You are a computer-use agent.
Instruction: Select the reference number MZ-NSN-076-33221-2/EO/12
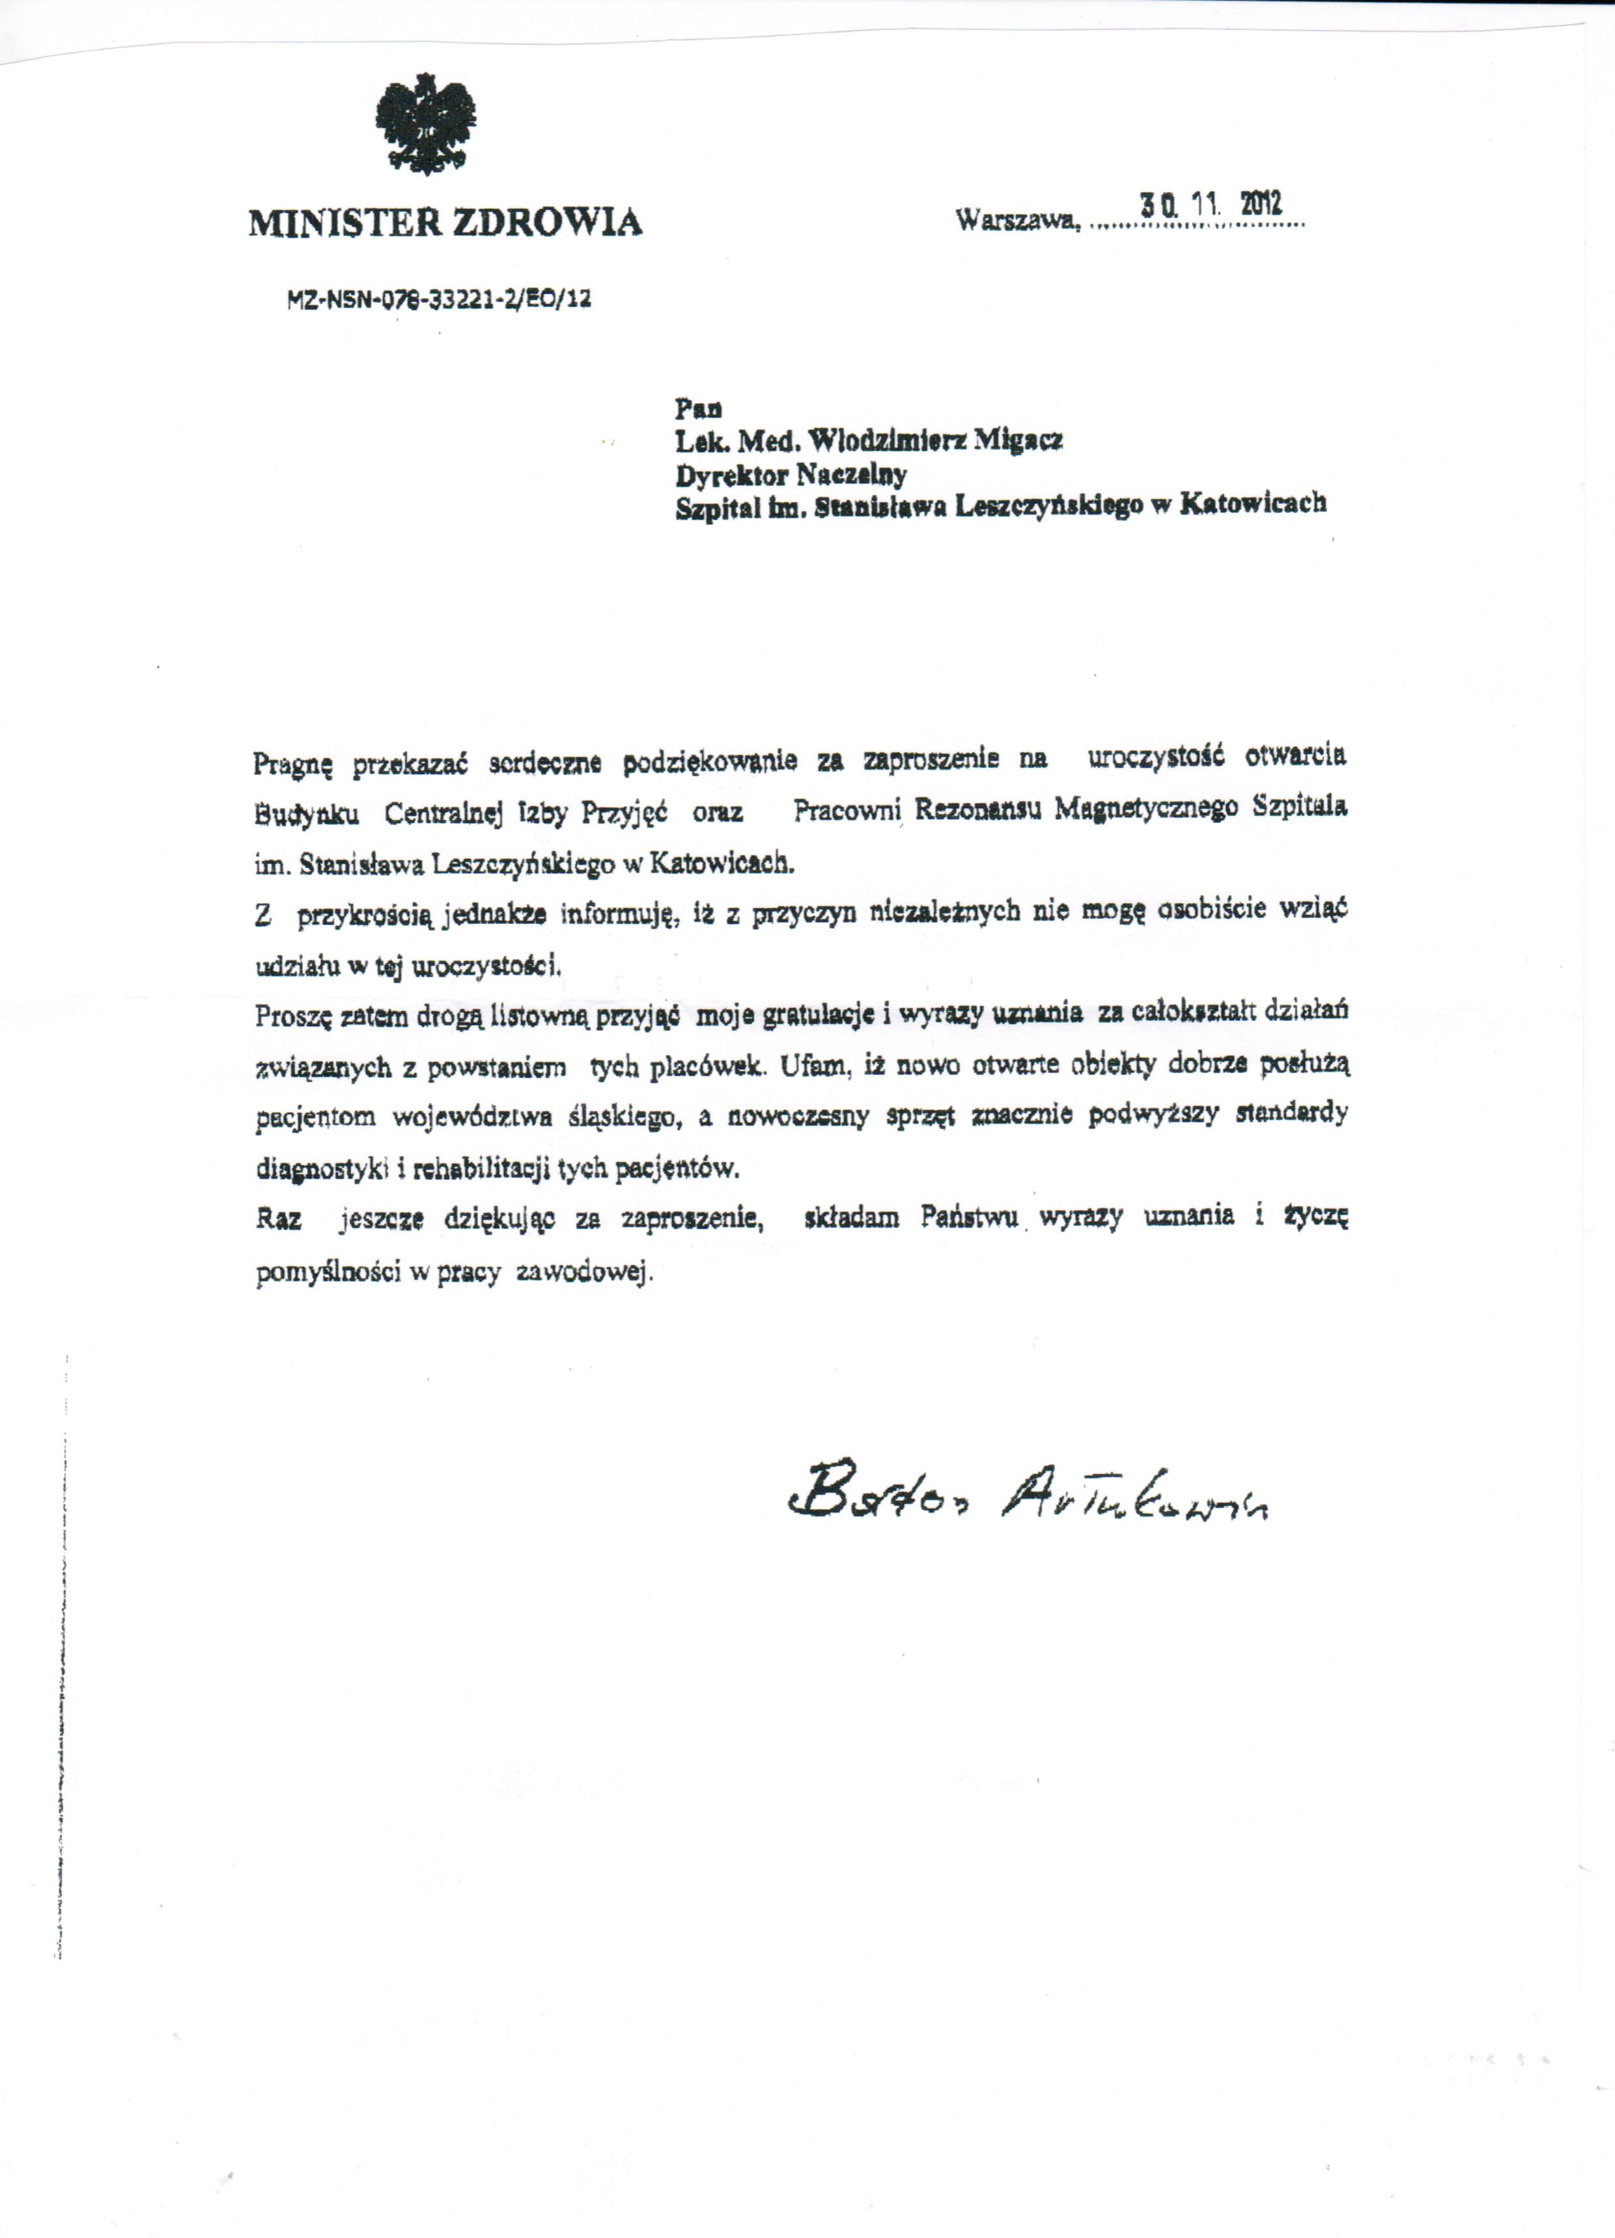440,298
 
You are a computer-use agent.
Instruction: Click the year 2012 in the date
1261,204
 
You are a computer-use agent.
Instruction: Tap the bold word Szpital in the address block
712,507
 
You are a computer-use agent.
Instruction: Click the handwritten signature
1027,1501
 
